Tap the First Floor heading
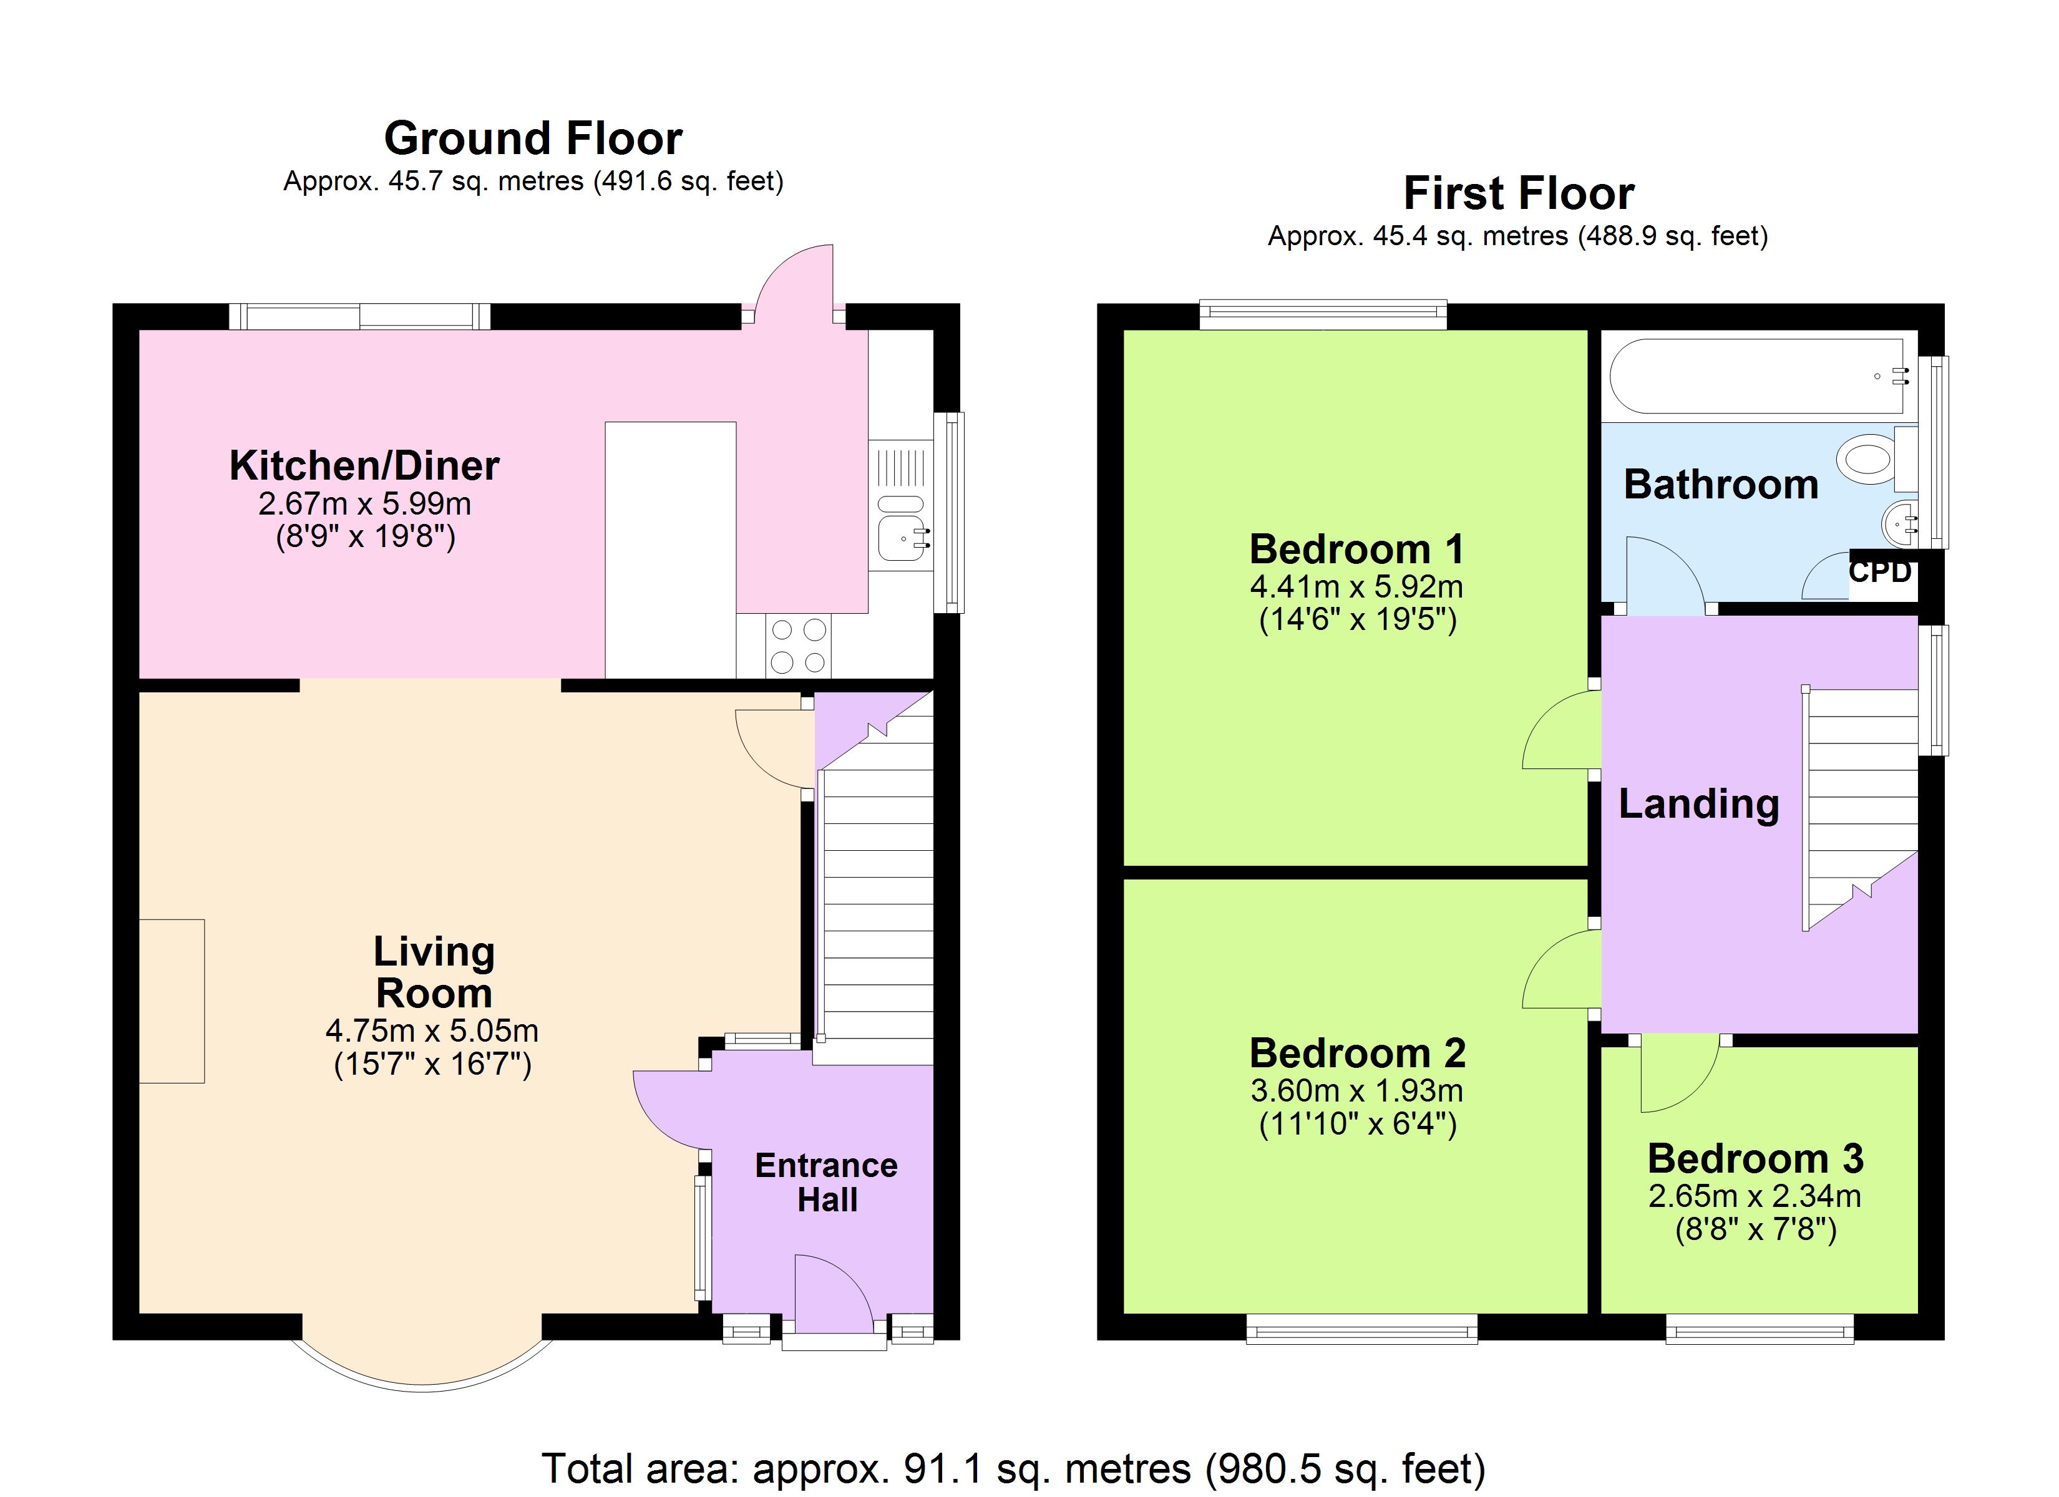1519,193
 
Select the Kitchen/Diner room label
364,466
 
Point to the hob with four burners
799,646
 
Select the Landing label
1698,805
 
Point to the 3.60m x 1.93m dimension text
1357,1090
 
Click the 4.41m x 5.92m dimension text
1357,586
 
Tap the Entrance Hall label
826,1182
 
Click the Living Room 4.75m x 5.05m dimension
432,1031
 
